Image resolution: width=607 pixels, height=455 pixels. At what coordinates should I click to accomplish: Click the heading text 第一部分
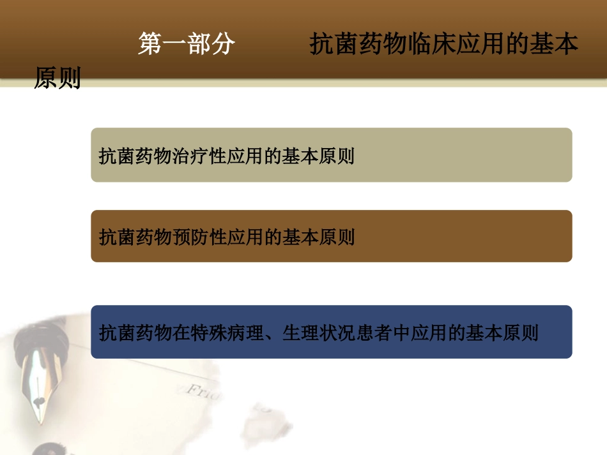pos(187,45)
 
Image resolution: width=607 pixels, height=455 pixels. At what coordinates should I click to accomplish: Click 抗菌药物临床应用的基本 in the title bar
pos(444,45)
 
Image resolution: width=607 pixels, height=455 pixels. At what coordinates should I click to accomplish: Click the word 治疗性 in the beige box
pos(200,156)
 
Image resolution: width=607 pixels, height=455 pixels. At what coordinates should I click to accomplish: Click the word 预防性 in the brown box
pos(200,237)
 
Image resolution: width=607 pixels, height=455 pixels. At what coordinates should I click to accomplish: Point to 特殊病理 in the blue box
pos(227,333)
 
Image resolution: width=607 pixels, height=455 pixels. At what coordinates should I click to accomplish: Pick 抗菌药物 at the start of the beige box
pos(135,156)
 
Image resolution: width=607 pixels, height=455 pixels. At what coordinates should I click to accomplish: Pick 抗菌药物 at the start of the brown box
pos(135,237)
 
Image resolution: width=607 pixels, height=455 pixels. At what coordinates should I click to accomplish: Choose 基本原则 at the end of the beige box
pos(319,156)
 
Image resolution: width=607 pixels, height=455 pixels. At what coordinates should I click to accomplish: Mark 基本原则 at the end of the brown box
pos(319,237)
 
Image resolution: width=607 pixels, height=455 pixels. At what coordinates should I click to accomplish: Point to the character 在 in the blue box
pos(181,333)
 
